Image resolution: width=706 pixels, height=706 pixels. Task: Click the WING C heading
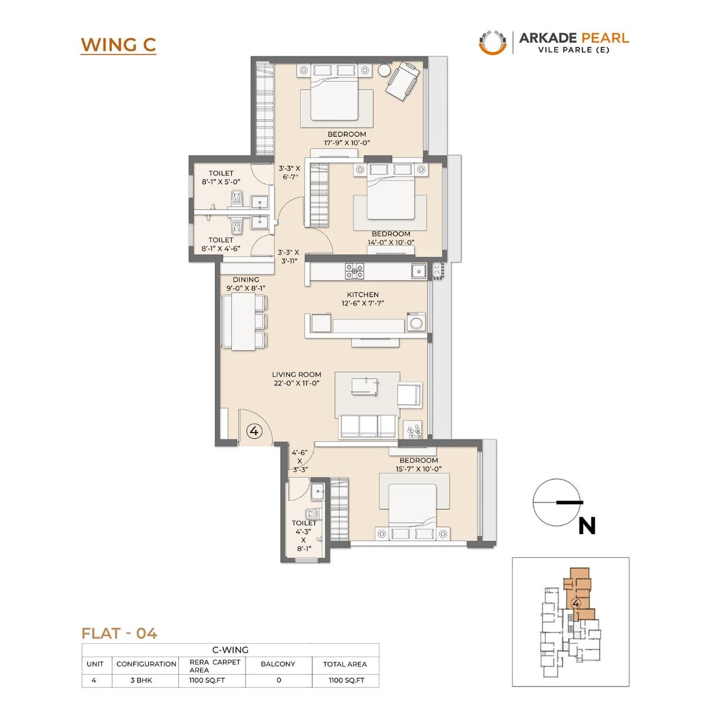pyautogui.click(x=118, y=45)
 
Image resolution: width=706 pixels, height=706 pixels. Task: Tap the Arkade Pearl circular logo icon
pyautogui.click(x=492, y=42)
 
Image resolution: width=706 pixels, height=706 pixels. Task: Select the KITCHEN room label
pyautogui.click(x=362, y=294)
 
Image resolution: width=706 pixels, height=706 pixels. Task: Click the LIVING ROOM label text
pyautogui.click(x=297, y=374)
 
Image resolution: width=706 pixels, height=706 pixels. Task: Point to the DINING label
pyautogui.click(x=246, y=279)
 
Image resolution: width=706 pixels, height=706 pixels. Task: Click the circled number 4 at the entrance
pyautogui.click(x=254, y=431)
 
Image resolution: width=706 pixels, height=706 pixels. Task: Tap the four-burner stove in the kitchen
pyautogui.click(x=355, y=271)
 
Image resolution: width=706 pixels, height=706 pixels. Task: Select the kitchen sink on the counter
pyautogui.click(x=419, y=271)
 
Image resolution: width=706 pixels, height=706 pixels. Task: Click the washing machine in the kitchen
pyautogui.click(x=416, y=323)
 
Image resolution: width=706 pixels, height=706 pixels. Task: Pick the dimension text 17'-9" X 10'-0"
pyautogui.click(x=347, y=142)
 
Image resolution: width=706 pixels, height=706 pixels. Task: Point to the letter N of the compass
pyautogui.click(x=587, y=525)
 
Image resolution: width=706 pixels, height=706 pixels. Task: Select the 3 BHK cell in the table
pyautogui.click(x=146, y=680)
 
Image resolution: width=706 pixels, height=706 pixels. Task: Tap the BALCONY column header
pyautogui.click(x=278, y=664)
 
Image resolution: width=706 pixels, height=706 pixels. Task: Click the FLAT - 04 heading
pyautogui.click(x=119, y=633)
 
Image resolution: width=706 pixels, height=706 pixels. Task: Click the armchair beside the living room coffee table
pyautogui.click(x=409, y=394)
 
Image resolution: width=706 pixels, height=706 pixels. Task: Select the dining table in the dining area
pyautogui.click(x=242, y=322)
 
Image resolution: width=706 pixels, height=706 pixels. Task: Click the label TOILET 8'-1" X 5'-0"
pyautogui.click(x=221, y=178)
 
